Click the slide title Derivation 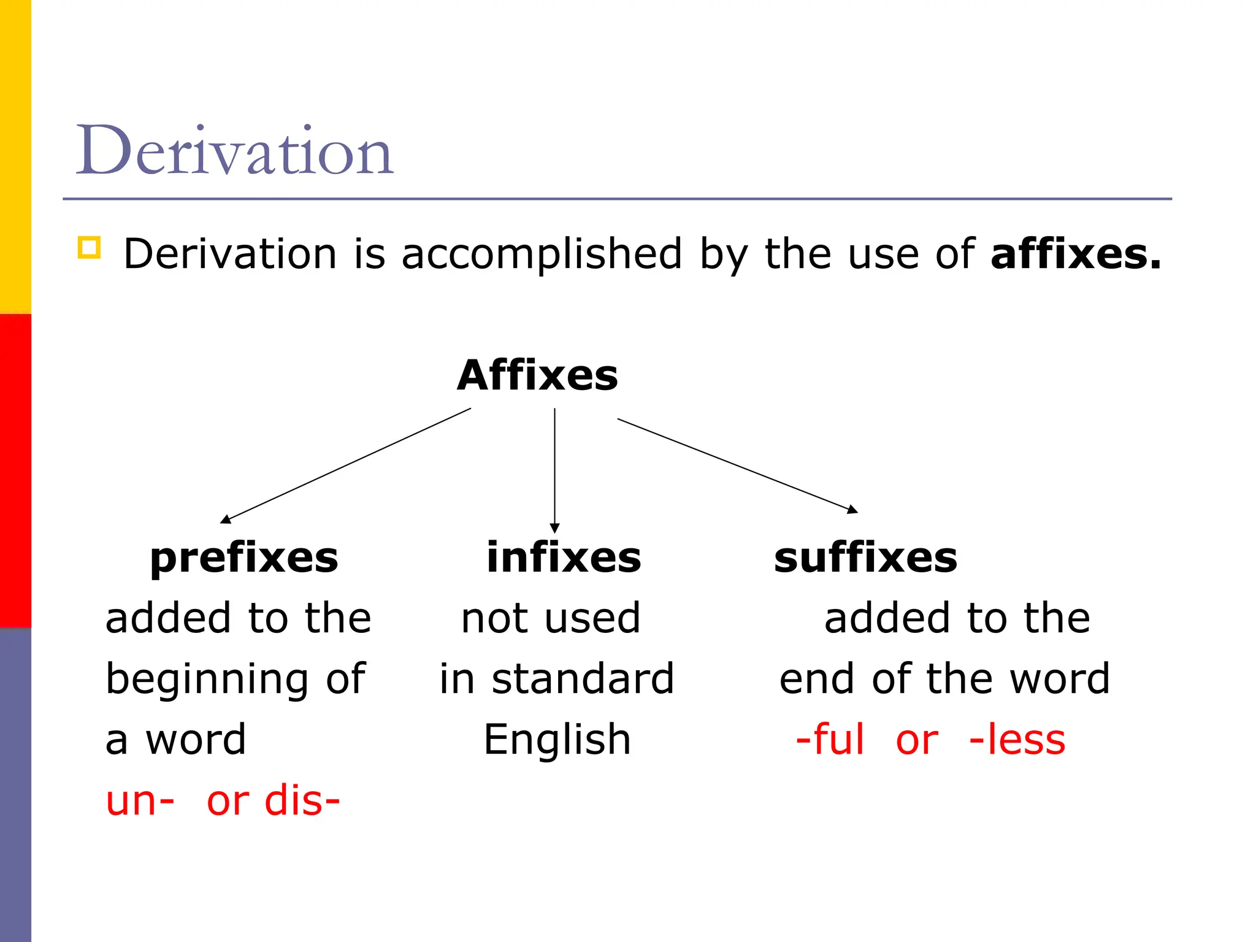click(x=234, y=150)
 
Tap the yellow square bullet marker click(x=89, y=248)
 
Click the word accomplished click(x=542, y=254)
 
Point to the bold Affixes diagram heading click(x=537, y=375)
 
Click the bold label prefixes click(x=244, y=558)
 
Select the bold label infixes click(x=564, y=558)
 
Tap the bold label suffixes click(x=865, y=558)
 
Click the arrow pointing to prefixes click(x=346, y=465)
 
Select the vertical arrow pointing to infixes click(x=554, y=470)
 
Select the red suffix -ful click(x=830, y=740)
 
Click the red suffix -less click(x=1017, y=740)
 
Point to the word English click(x=557, y=740)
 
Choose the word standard click(x=583, y=679)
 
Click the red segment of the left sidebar click(x=15, y=470)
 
